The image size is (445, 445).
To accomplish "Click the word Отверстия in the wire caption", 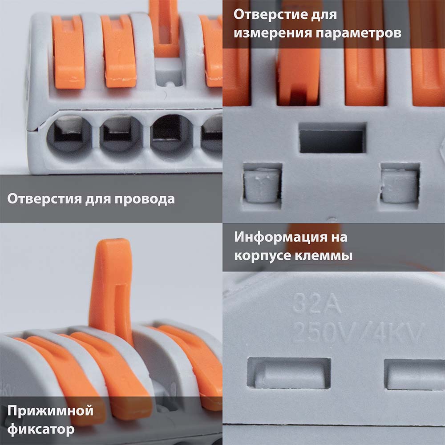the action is pos(44,198).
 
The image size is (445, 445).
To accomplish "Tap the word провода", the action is pos(145,199).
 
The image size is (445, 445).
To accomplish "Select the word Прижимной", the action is pos(50,411).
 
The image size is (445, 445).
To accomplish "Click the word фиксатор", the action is pos(41,429).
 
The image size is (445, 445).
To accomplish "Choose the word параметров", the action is pos(358,33).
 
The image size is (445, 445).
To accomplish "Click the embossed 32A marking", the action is pos(316,303).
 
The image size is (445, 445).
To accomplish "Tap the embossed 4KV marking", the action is pos(398,332).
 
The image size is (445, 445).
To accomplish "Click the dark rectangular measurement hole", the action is pos(332,138).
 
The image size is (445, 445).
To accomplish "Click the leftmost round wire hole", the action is pos(69,135).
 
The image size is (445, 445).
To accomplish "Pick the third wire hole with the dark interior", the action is pos(172,135).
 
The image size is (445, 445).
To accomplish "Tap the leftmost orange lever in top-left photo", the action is pos(69,53).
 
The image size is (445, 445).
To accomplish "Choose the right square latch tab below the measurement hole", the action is pos(400,185).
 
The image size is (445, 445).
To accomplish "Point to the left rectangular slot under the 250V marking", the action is pos(289,373).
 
